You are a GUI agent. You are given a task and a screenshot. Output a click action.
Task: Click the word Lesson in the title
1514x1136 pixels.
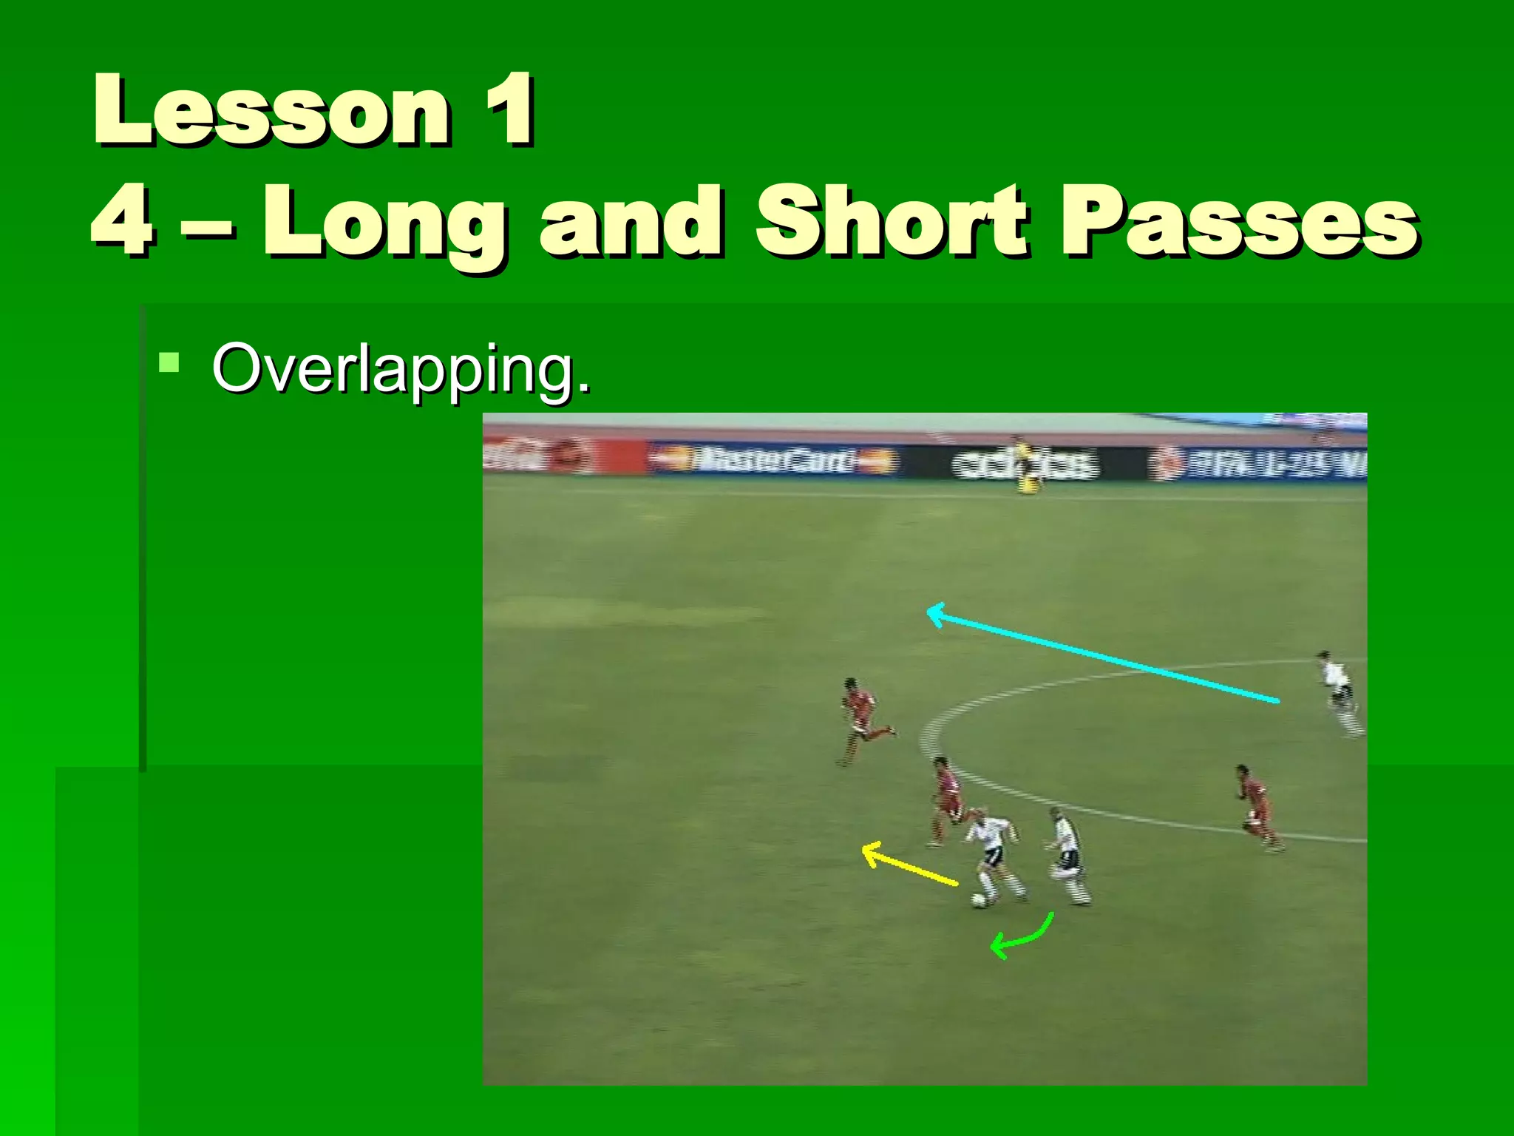[271, 111]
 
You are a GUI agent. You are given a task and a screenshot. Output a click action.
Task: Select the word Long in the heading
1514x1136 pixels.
[385, 222]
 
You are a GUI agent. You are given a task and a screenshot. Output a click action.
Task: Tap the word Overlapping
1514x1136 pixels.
[401, 368]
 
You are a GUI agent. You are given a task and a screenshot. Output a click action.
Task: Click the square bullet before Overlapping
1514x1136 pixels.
[169, 362]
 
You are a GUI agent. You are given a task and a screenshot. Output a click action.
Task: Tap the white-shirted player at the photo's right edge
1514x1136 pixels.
[1339, 692]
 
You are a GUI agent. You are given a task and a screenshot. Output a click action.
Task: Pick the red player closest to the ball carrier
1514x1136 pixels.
[946, 799]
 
